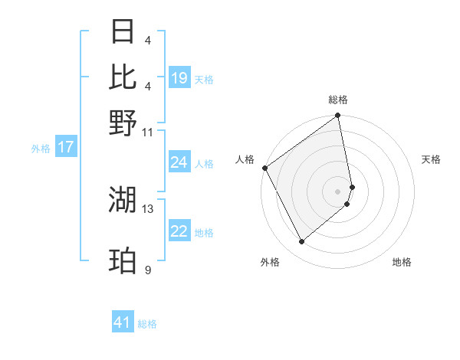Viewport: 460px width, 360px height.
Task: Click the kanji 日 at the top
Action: click(123, 32)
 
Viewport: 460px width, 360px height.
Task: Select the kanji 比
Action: click(123, 77)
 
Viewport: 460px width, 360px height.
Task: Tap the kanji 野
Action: click(123, 123)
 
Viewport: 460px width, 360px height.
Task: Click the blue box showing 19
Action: click(179, 78)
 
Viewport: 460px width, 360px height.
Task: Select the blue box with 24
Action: click(179, 162)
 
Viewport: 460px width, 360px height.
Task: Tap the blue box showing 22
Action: click(179, 232)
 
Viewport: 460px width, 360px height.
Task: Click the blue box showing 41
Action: click(123, 322)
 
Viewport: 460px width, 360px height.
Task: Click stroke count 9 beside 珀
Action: click(147, 270)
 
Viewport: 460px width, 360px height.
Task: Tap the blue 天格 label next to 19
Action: click(204, 80)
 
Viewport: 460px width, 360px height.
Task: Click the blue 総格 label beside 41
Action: click(147, 324)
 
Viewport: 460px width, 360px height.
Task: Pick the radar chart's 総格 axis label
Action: click(338, 100)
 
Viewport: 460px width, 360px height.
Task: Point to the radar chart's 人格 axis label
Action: click(245, 159)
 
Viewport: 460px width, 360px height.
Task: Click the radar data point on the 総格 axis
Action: click(338, 116)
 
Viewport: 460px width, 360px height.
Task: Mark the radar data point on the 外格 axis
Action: click(301, 242)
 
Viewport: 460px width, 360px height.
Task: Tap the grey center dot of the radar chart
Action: click(338, 191)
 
